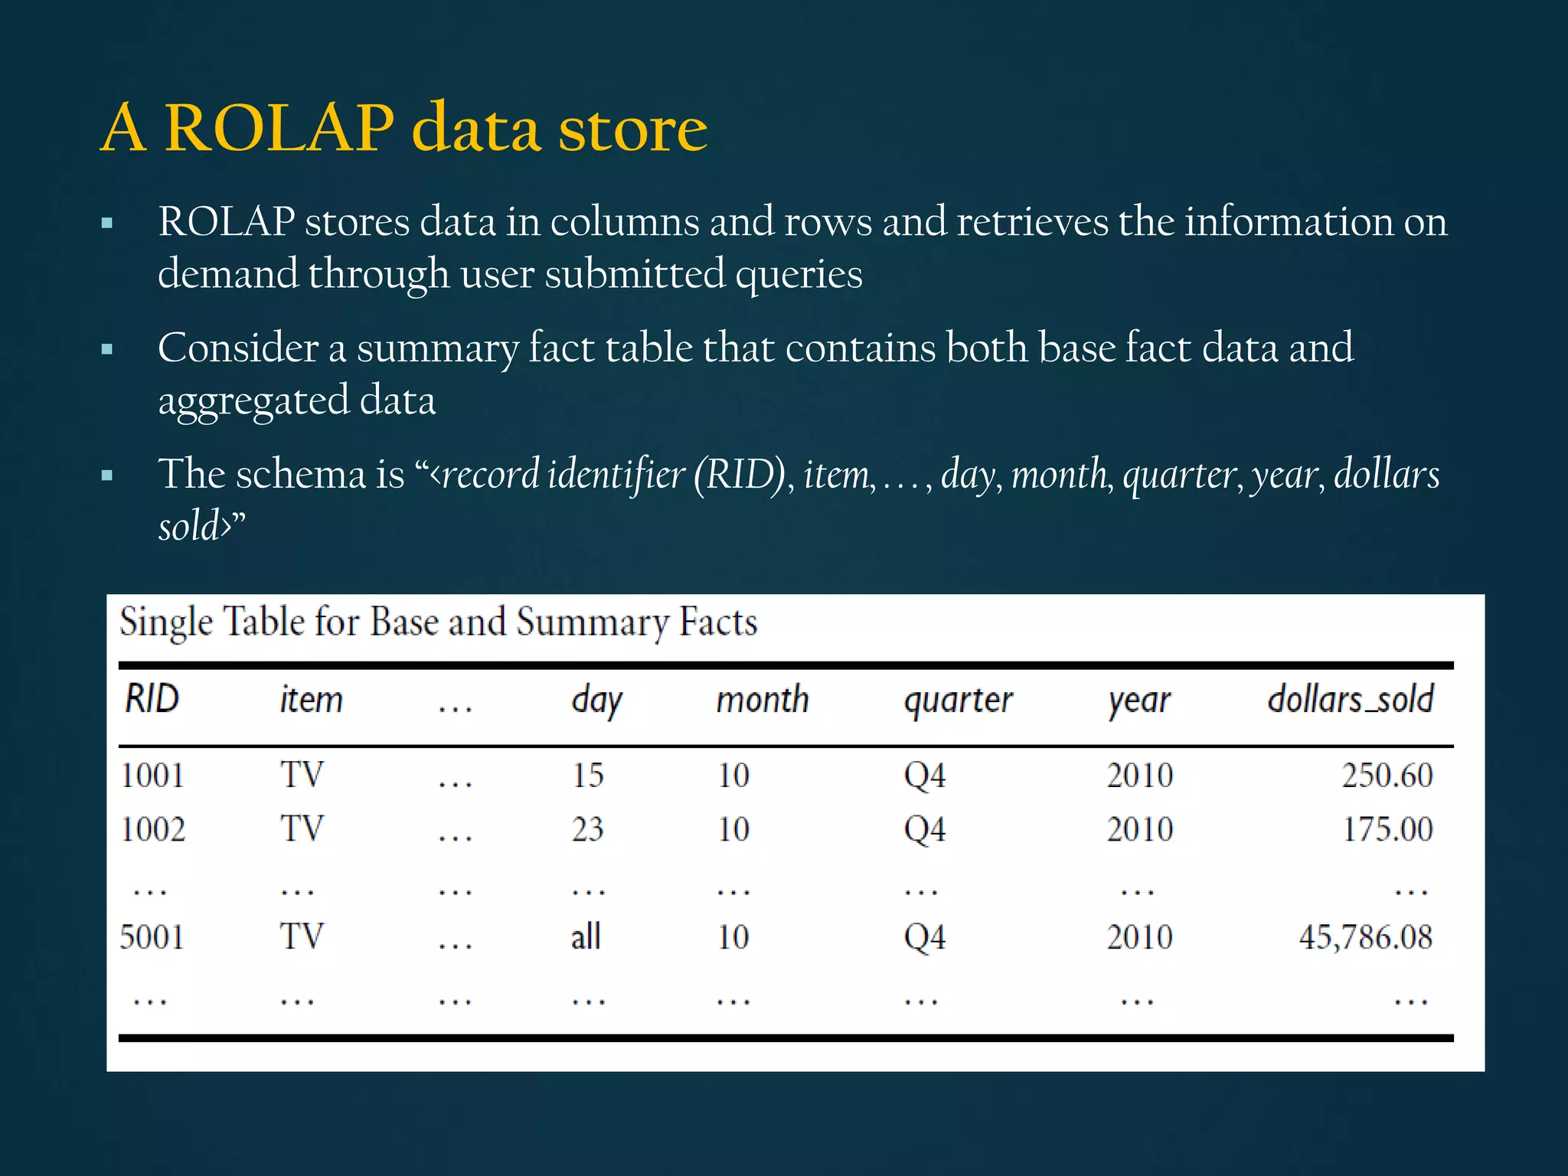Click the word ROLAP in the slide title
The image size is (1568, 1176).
coord(279,128)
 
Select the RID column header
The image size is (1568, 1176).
coord(152,699)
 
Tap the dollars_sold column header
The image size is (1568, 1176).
coord(1350,699)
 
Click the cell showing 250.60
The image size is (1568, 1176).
coord(1387,775)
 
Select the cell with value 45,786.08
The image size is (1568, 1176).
coord(1365,937)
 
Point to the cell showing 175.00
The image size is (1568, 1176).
coord(1387,829)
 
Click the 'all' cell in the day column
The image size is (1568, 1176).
coord(586,936)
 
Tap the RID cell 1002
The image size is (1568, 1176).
coord(153,829)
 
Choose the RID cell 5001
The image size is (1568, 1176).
coord(152,937)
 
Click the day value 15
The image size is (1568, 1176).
coord(588,775)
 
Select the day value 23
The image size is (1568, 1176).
coord(588,829)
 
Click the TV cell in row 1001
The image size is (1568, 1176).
coord(302,775)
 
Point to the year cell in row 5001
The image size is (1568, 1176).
coord(1139,937)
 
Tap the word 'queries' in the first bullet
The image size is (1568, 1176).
coord(799,274)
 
